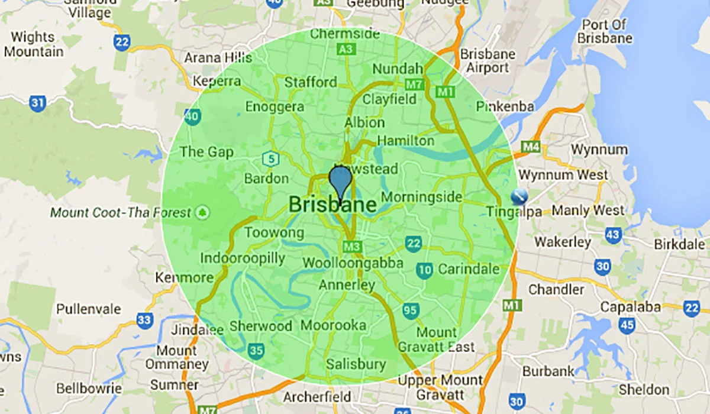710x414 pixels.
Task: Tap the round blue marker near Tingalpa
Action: point(518,196)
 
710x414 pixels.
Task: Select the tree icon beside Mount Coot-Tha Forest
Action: point(203,212)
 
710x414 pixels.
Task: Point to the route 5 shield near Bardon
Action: point(270,159)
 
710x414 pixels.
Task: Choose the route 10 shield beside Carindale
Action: point(424,270)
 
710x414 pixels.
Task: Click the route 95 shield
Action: point(411,310)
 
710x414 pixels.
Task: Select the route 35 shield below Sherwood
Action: point(256,351)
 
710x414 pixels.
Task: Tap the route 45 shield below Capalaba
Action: point(628,324)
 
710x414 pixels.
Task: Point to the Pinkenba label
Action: point(505,106)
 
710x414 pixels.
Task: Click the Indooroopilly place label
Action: point(243,258)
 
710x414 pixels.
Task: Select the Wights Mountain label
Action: point(33,44)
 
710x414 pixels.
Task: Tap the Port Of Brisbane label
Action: point(607,32)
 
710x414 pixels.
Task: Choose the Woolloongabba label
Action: point(353,263)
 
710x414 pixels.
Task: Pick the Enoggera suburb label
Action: point(275,107)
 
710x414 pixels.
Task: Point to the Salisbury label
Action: point(356,364)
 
